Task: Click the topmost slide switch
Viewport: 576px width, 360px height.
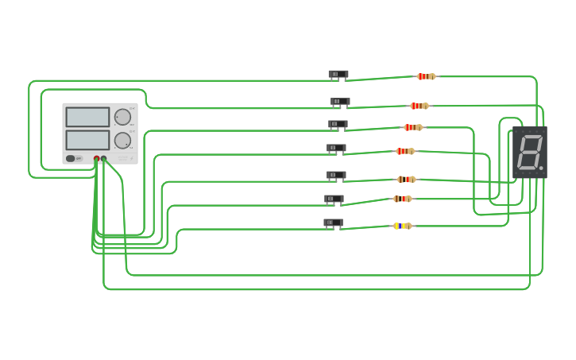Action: tap(338, 75)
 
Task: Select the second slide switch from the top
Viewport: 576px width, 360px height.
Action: tap(340, 102)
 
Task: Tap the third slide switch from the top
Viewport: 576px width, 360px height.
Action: tap(338, 125)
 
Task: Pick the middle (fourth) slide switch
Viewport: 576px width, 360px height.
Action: tap(336, 148)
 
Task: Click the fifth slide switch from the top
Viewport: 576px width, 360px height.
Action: tap(336, 175)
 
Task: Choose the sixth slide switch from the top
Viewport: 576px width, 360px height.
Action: tap(334, 199)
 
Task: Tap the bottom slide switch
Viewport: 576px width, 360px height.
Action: tap(333, 223)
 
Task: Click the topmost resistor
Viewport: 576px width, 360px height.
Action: tap(426, 76)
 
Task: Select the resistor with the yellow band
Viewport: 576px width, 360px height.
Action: tap(402, 226)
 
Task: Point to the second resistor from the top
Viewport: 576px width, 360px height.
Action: tap(419, 106)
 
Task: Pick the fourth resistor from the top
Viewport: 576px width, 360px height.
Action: tap(405, 151)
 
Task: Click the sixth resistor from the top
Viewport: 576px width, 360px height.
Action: tap(402, 199)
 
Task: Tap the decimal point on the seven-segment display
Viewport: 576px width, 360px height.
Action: tap(541, 168)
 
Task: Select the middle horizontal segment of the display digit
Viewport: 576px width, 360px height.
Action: tap(530, 152)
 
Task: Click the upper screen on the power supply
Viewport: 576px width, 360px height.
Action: tap(87, 117)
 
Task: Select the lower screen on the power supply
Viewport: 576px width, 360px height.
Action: tap(87, 140)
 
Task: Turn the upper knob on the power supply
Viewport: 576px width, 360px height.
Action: tap(122, 118)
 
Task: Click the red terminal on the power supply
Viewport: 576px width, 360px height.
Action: tap(96, 159)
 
